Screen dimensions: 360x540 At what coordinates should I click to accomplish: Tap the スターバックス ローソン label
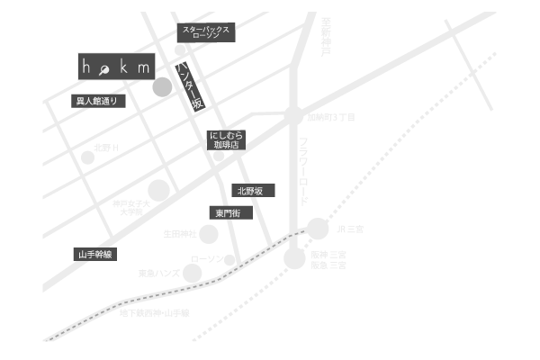click(x=206, y=33)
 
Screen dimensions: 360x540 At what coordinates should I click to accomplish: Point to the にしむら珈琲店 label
click(x=225, y=139)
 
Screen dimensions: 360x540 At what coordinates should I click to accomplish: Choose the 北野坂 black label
click(x=251, y=191)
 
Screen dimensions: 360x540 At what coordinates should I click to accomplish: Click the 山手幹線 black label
click(x=95, y=255)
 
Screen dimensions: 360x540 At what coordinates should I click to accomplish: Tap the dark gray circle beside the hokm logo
click(x=162, y=87)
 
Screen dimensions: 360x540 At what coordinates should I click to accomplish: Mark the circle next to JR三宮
click(x=318, y=229)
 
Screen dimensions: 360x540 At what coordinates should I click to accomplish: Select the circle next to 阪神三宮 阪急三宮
click(x=295, y=259)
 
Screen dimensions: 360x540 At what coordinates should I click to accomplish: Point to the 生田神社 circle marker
click(x=208, y=235)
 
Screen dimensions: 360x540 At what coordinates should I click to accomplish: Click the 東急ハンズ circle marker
click(x=193, y=273)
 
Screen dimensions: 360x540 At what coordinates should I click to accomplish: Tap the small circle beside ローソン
click(x=229, y=259)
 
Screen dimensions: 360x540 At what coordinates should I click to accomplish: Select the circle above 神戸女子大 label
click(x=158, y=190)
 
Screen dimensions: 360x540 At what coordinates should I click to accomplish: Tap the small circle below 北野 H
click(x=88, y=157)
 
